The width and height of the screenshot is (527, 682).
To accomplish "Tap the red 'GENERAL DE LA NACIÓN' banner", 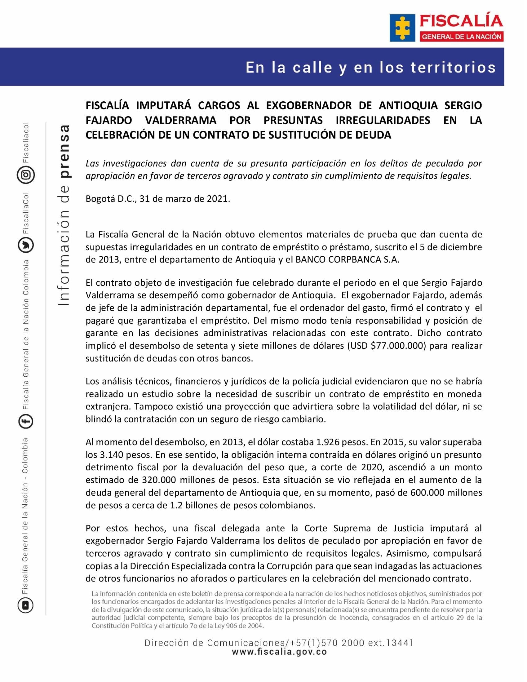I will click(462, 37).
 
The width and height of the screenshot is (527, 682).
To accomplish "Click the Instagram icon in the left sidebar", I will click(26, 175).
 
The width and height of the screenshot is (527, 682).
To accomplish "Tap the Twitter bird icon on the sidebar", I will click(26, 245).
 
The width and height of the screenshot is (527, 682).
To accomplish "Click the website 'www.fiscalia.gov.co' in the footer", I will click(279, 652).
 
